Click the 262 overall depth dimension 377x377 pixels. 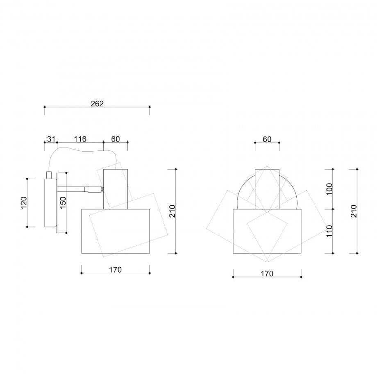[97, 104]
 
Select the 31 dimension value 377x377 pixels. [51, 139]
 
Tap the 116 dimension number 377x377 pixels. [80, 139]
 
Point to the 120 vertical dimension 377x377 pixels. [24, 203]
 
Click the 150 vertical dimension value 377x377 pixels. [63, 203]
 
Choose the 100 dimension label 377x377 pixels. [329, 189]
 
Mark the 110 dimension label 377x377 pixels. [329, 231]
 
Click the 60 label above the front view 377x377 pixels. [267, 139]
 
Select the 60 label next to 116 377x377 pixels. [116, 139]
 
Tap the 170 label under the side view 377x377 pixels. [116, 270]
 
